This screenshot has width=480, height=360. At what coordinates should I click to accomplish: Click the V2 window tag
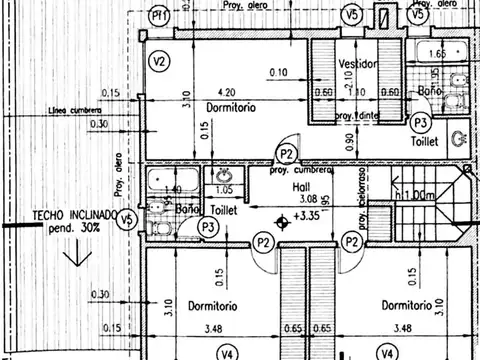158,61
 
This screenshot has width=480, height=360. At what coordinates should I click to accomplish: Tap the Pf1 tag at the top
158,16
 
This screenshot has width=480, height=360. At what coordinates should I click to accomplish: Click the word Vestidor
357,64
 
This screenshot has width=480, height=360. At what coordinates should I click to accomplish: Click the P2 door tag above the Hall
287,153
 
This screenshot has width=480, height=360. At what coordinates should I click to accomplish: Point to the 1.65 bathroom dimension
437,54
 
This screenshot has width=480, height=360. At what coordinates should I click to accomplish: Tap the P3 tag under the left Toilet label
210,228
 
